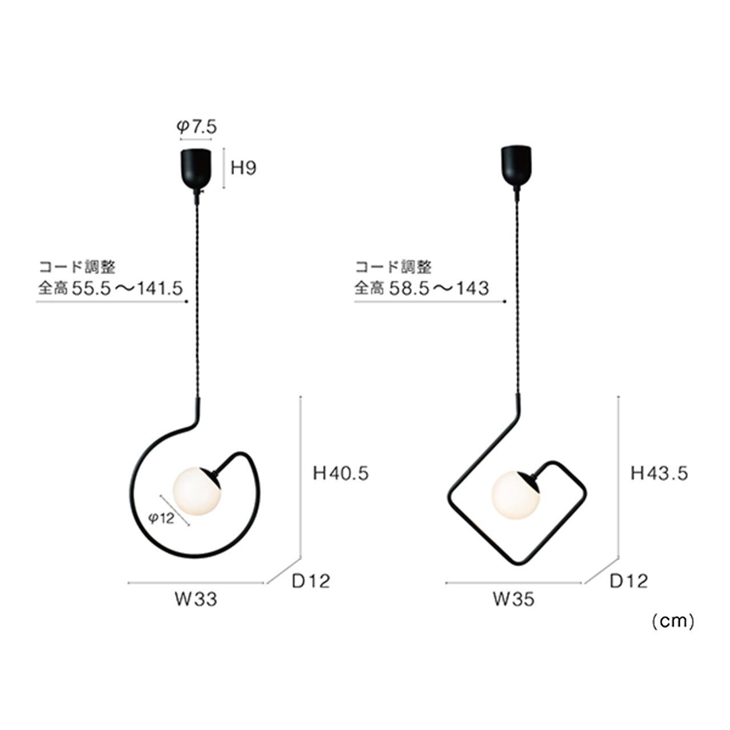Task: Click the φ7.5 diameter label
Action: (197, 127)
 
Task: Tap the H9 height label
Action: (244, 168)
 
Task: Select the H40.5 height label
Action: (340, 473)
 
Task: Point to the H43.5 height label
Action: (659, 473)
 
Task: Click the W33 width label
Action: (196, 599)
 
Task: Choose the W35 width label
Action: (513, 599)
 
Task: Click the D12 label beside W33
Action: (311, 581)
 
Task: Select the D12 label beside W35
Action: (629, 581)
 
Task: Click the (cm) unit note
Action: (673, 622)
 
